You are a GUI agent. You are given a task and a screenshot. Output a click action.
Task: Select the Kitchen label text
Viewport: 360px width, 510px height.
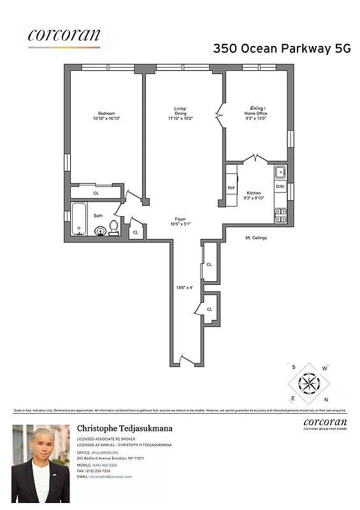254,193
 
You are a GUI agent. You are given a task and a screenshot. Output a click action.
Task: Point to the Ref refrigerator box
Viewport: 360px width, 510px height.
231,187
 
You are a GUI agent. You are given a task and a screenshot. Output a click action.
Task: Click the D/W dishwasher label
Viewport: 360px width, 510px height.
280,186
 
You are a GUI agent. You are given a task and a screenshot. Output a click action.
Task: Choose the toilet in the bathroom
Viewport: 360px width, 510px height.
114,227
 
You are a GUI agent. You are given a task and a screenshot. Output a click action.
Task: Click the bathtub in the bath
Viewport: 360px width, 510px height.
78,219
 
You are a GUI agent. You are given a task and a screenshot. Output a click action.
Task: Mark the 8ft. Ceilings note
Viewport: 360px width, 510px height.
256,238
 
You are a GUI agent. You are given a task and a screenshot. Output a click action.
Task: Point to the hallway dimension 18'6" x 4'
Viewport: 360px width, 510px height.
185,288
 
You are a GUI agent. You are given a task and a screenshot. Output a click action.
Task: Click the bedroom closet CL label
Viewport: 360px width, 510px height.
96,193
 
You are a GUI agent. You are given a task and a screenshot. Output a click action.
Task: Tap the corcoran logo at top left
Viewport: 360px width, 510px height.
64,36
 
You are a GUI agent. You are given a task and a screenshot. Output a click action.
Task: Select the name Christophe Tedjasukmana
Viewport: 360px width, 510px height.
125,428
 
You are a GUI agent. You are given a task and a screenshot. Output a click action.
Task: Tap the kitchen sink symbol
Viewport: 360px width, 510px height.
280,171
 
